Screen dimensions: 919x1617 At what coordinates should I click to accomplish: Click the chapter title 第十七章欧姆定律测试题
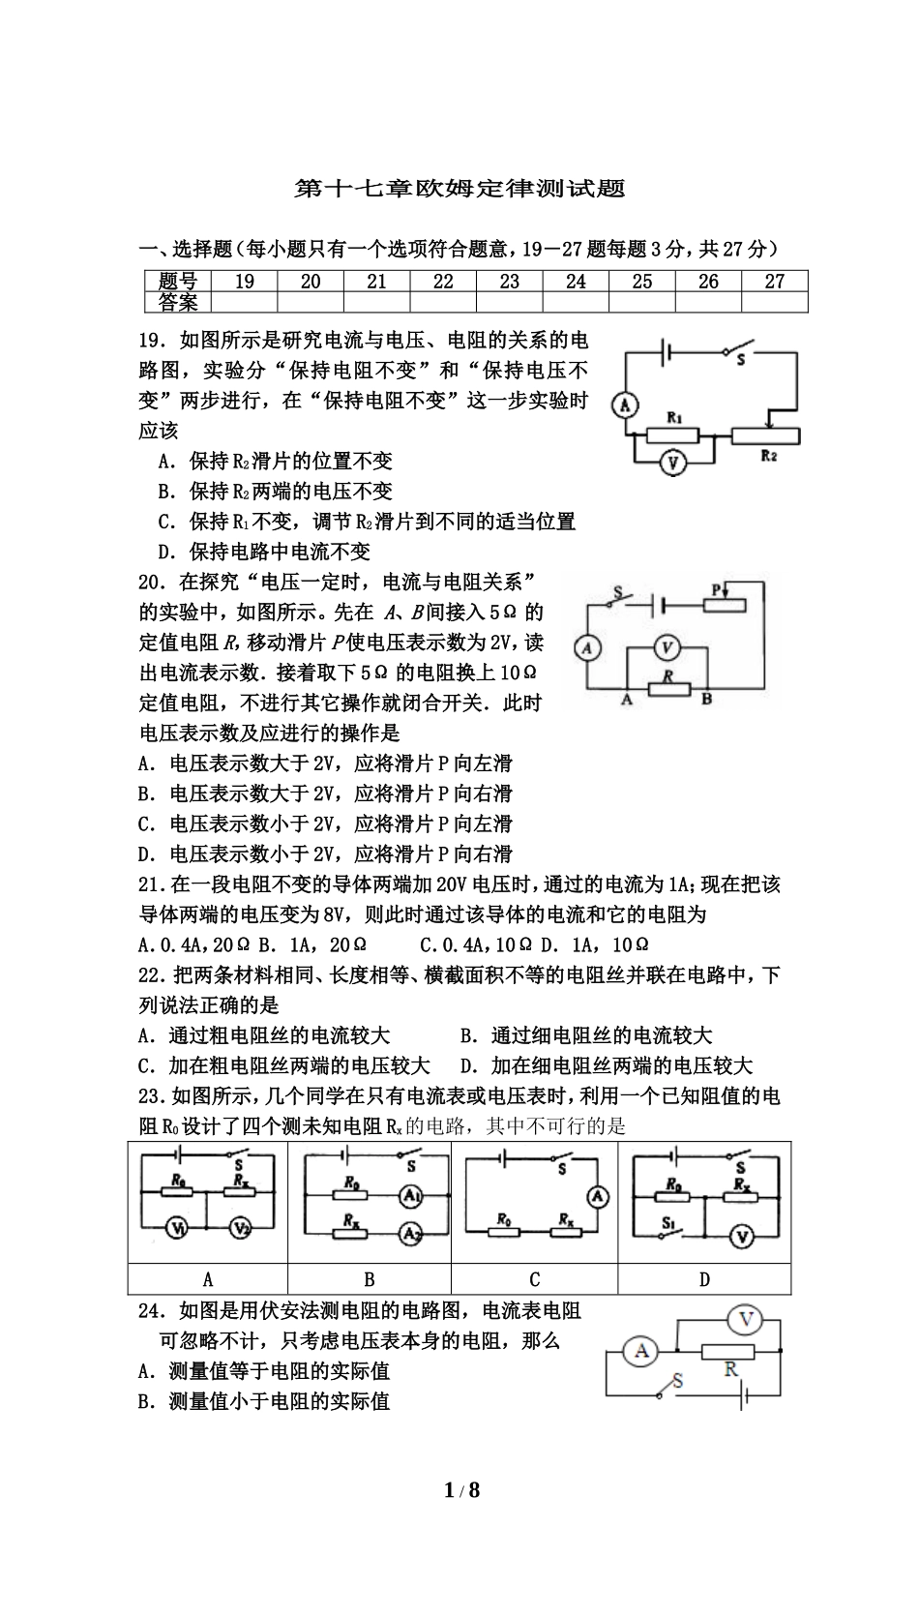pos(459,188)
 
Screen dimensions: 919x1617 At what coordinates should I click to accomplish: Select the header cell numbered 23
pos(509,282)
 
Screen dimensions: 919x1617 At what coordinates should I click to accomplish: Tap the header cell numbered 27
pos(774,282)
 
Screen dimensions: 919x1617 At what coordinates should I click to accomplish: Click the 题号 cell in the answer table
pos(177,282)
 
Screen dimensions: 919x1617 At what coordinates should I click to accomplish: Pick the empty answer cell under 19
pos(244,302)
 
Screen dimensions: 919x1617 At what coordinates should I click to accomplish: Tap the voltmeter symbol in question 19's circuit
pos(673,464)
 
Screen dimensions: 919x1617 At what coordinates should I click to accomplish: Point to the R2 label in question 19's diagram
pos(769,455)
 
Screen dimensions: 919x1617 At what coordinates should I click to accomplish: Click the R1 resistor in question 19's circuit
pos(674,434)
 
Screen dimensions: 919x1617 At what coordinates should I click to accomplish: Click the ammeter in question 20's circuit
pos(586,647)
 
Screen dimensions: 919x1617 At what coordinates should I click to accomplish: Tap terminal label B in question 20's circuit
pos(707,700)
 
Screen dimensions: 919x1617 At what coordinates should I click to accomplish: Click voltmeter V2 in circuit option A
pos(240,1228)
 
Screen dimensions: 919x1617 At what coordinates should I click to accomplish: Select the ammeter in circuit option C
pos(599,1197)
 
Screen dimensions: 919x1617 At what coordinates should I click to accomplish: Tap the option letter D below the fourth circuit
pos(704,1279)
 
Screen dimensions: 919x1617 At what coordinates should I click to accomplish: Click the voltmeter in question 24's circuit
pos(744,1319)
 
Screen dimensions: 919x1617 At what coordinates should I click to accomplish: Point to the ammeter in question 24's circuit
pos(640,1351)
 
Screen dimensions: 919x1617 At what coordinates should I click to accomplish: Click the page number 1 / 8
pos(461,1490)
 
